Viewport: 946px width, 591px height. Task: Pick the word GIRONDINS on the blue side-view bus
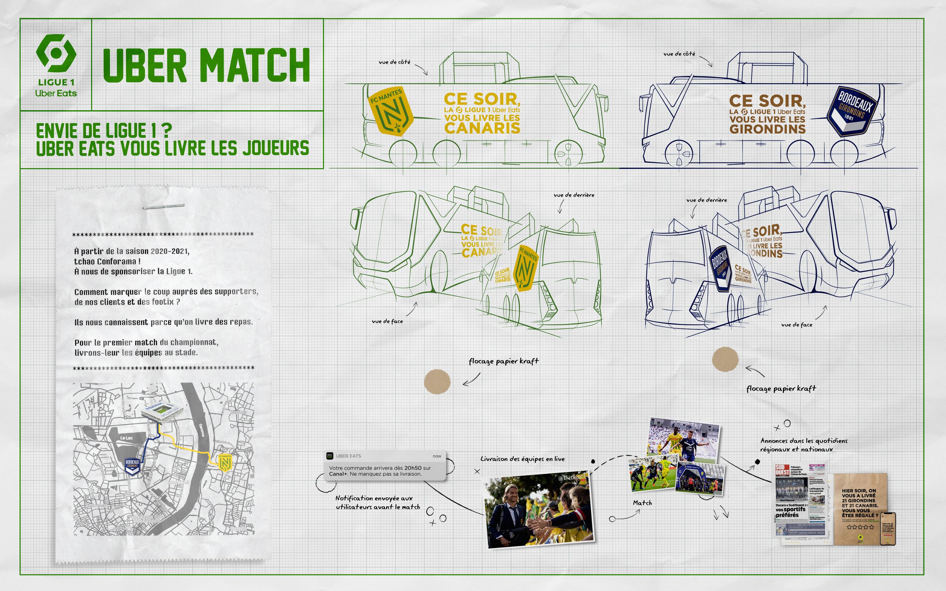[767, 129]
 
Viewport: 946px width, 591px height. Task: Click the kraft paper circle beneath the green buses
[437, 382]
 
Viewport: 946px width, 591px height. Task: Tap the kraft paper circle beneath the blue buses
[725, 359]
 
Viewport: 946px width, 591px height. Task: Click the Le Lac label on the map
[126, 438]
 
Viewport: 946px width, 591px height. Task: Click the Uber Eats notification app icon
[330, 456]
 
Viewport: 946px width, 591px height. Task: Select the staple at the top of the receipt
[163, 206]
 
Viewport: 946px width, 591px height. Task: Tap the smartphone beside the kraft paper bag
[887, 528]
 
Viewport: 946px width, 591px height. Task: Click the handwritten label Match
[642, 503]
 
